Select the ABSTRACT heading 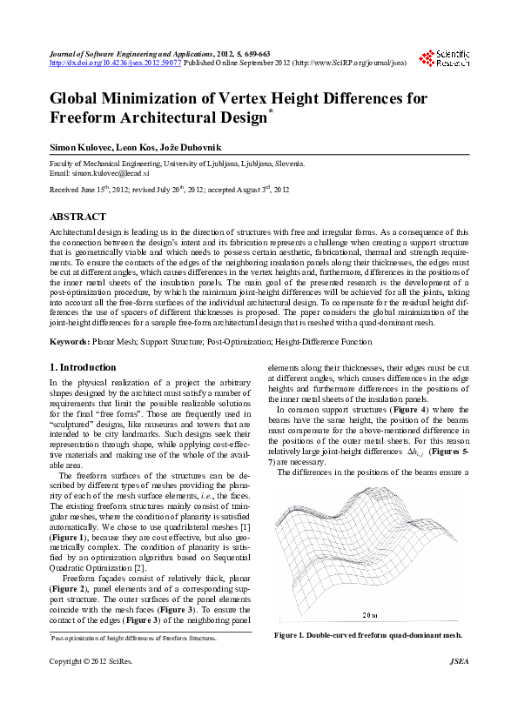click(x=78, y=217)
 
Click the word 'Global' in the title click(x=80, y=98)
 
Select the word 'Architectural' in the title click(x=190, y=117)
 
